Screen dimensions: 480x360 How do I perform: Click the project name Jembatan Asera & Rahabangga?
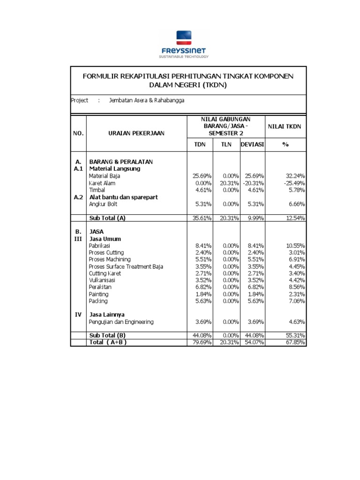146,100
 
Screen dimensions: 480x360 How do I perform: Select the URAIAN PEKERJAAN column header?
137,133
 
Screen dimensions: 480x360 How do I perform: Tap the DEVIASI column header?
252,144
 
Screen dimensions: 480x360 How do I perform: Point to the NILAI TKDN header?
285,127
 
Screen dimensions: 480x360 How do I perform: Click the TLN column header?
227,144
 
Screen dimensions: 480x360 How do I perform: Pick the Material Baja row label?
105,176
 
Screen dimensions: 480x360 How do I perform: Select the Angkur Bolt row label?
103,204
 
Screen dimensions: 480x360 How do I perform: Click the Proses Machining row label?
109,259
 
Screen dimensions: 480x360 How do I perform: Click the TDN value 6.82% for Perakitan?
202,287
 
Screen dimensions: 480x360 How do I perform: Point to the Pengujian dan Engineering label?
121,322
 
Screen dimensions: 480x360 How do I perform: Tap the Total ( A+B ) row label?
108,342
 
